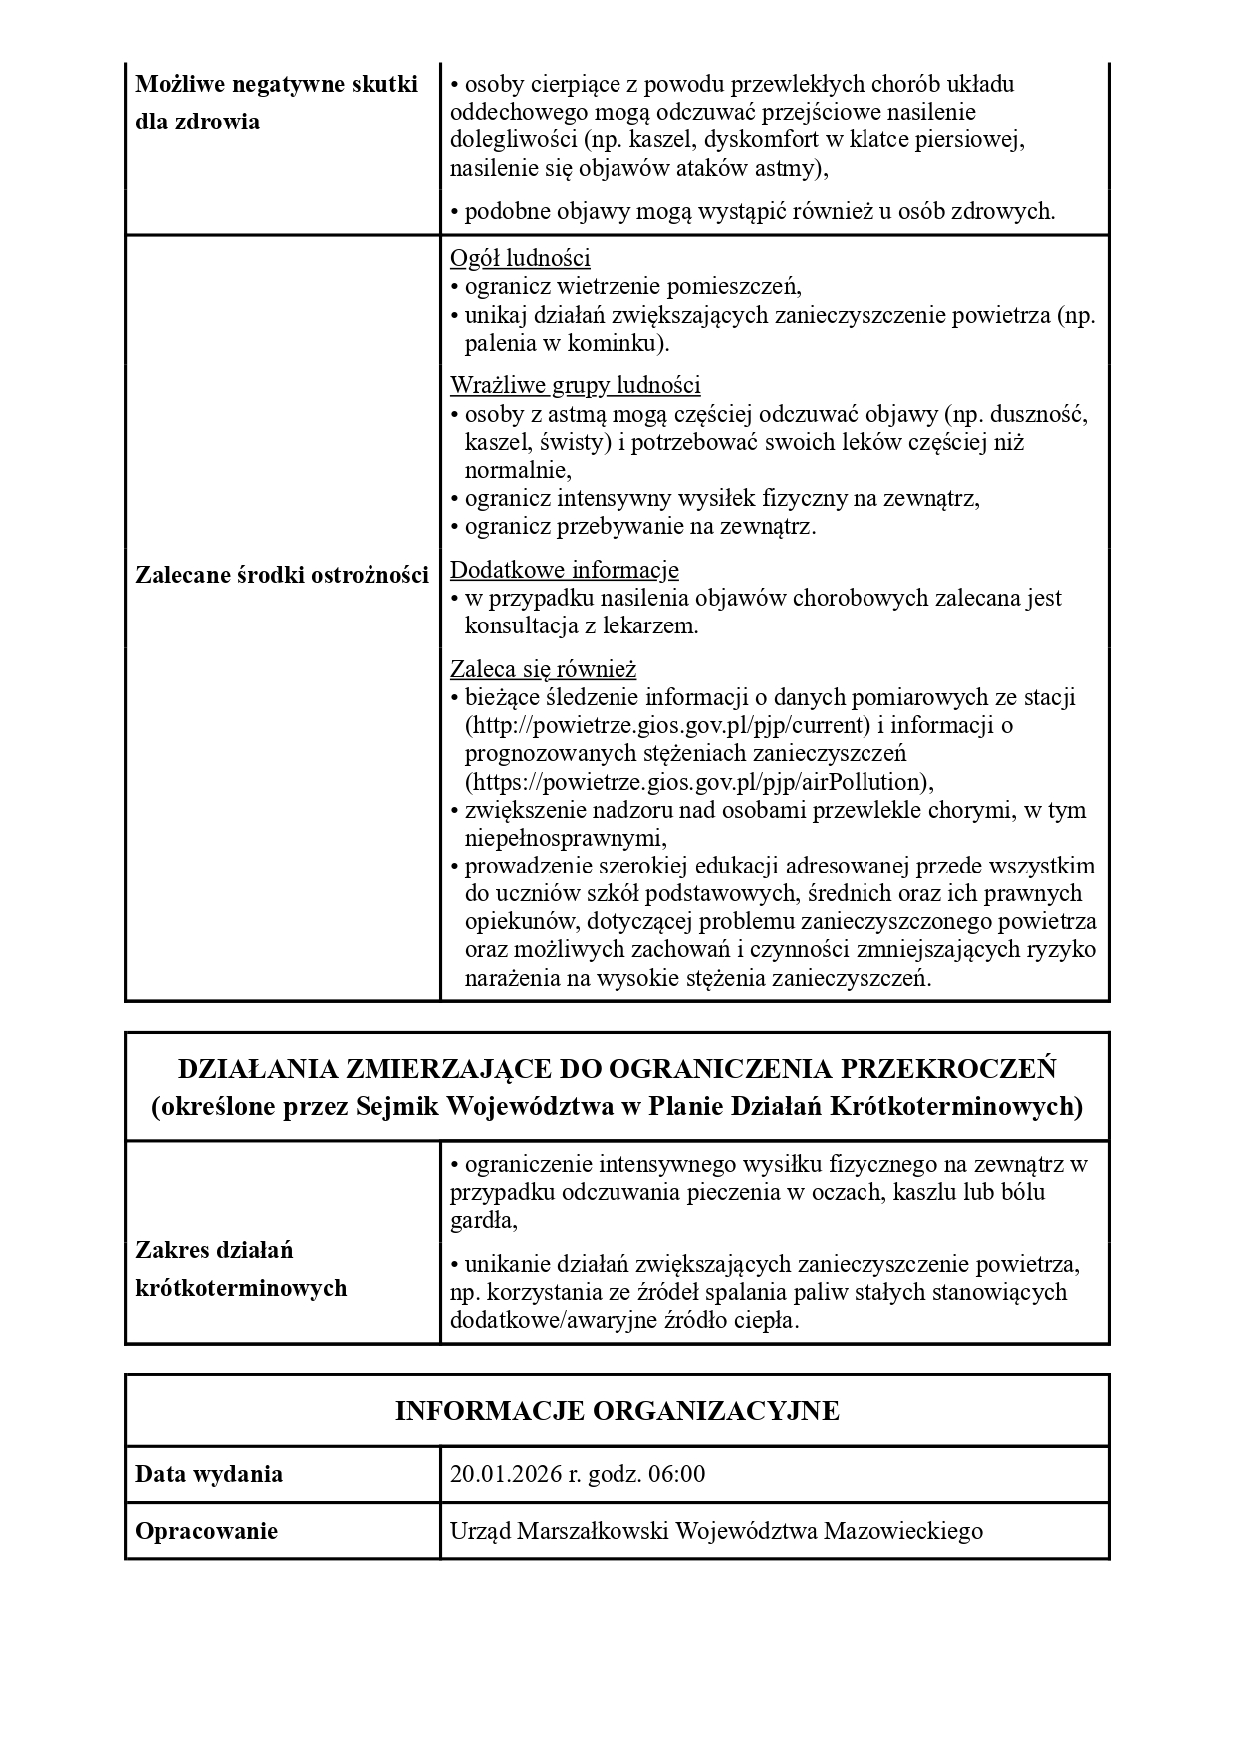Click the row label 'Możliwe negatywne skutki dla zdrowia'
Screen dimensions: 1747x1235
[x=276, y=103]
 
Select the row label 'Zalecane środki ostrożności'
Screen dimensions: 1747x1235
[x=282, y=575]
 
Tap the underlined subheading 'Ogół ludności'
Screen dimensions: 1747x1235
[x=520, y=259]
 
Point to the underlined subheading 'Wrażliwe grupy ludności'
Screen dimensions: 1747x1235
[x=575, y=385]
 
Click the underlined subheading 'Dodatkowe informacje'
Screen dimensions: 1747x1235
[x=565, y=570]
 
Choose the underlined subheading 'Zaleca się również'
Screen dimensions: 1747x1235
[x=543, y=668]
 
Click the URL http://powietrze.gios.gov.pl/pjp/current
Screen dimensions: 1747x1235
[x=668, y=725]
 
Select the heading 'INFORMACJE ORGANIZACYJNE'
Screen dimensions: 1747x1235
[x=617, y=1411]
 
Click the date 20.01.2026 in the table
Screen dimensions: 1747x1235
[x=505, y=1474]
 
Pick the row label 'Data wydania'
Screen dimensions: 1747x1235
[x=209, y=1474]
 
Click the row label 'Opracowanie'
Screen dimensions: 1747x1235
[x=206, y=1531]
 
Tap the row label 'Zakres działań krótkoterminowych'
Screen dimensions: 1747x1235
[x=241, y=1269]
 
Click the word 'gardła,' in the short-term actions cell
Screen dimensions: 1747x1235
[x=483, y=1221]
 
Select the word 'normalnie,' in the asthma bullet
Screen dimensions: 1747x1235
[x=518, y=470]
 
